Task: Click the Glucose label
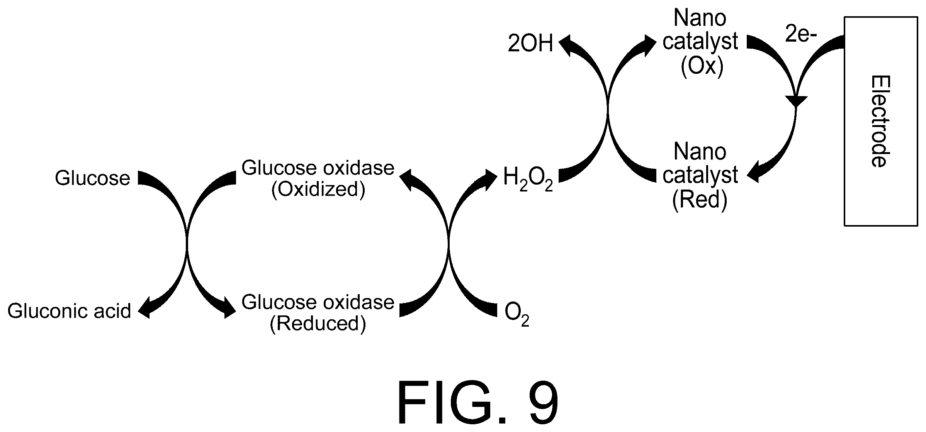[x=92, y=178]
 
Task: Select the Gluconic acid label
[x=70, y=311]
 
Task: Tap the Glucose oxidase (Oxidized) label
[x=318, y=178]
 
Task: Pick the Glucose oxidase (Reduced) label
[x=318, y=312]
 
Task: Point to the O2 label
[x=517, y=315]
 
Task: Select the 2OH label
[x=530, y=44]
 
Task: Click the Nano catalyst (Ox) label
[x=700, y=42]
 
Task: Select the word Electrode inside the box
[x=880, y=121]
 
